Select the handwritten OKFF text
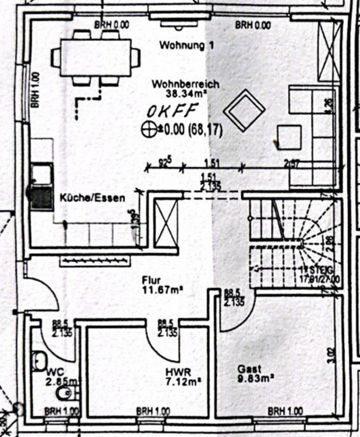pyautogui.click(x=173, y=111)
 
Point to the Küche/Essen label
pyautogui.click(x=92, y=198)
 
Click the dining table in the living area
pyautogui.click(x=96, y=56)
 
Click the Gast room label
pyautogui.click(x=249, y=369)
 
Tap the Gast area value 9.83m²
pyautogui.click(x=255, y=378)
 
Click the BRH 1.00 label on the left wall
pyautogui.click(x=36, y=90)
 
